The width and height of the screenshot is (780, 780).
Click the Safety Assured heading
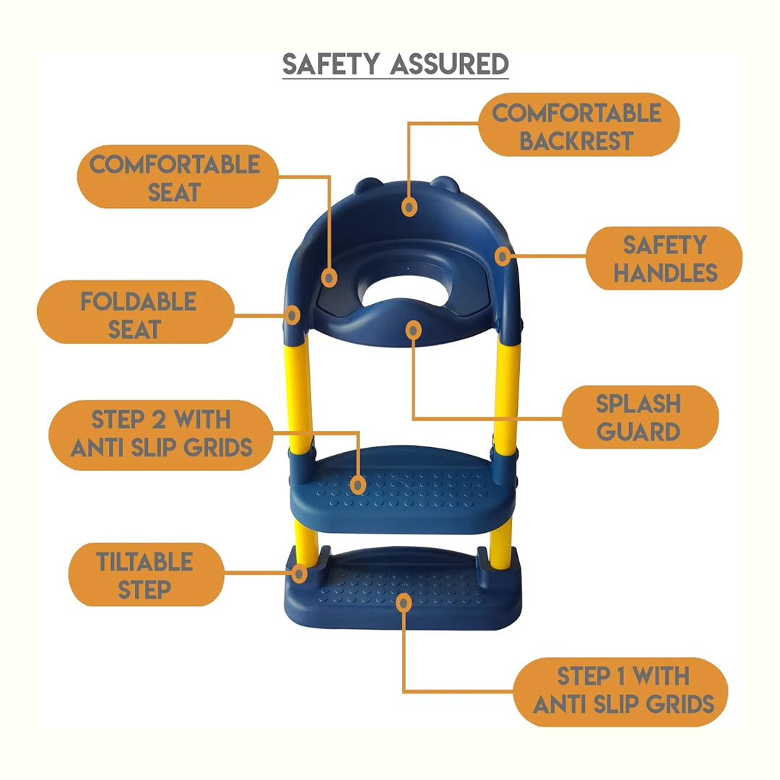click(396, 64)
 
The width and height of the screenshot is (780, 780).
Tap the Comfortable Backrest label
click(578, 125)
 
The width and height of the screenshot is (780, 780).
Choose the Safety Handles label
click(664, 258)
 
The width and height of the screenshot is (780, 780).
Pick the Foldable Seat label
click(136, 312)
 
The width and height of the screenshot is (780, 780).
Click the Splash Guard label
click(640, 417)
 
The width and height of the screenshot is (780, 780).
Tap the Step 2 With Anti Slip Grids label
click(160, 435)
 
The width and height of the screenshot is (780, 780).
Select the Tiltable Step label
click(146, 575)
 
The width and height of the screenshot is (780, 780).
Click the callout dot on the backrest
click(409, 207)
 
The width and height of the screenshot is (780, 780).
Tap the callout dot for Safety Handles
click(503, 256)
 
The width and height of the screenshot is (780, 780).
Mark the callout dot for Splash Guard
click(413, 330)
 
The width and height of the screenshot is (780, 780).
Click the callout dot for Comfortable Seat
click(329, 277)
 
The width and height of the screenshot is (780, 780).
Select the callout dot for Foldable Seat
click(292, 316)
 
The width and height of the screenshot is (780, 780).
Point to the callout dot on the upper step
click(357, 485)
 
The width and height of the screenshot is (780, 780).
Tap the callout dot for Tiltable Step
click(299, 574)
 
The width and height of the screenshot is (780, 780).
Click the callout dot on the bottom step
click(404, 603)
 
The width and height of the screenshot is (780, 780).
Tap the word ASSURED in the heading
click(449, 64)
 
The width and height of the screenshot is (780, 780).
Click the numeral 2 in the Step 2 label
click(159, 420)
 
